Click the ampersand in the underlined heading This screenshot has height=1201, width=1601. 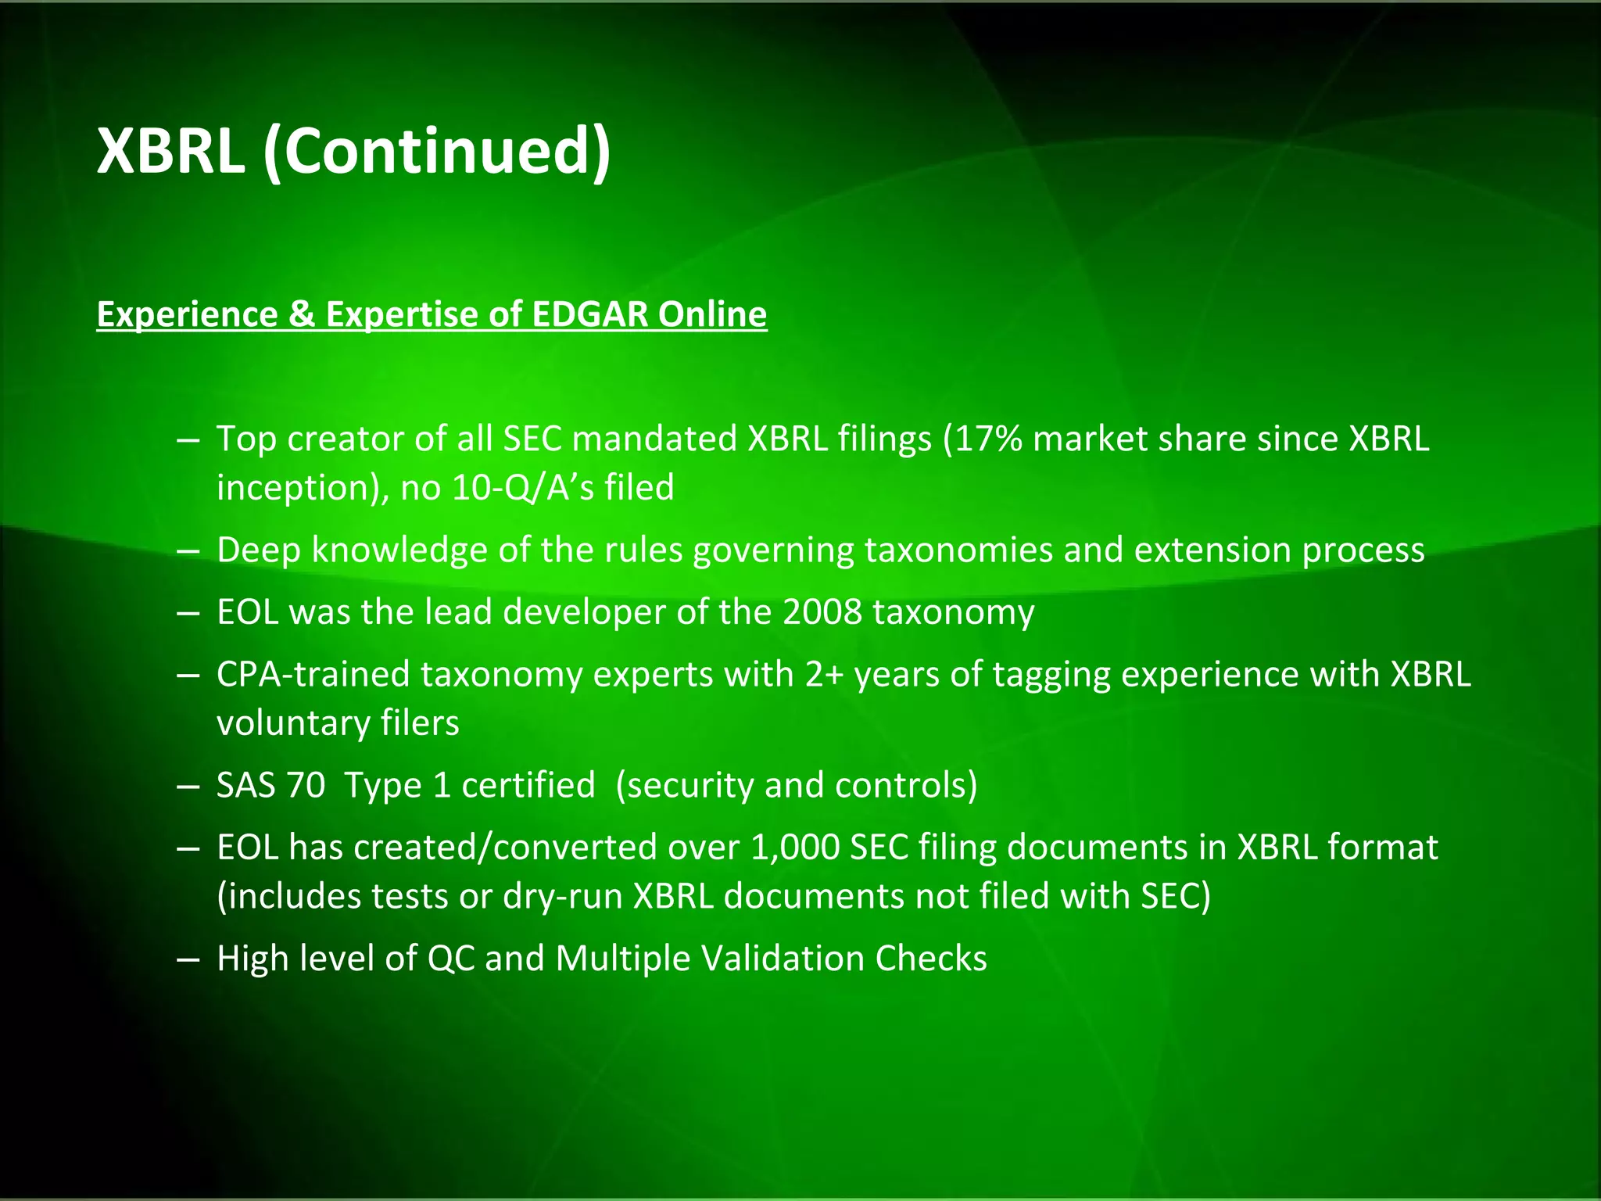pyautogui.click(x=301, y=314)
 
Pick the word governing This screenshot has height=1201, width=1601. pyautogui.click(x=773, y=550)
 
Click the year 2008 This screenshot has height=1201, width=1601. pyautogui.click(x=822, y=612)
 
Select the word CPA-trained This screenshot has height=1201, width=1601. pyautogui.click(x=313, y=675)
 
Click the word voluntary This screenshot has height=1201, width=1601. pyautogui.click(x=293, y=723)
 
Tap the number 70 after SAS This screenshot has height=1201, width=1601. pyautogui.click(x=306, y=785)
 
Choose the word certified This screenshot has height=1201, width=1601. pyautogui.click(x=528, y=785)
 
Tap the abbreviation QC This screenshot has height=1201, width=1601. pyautogui.click(x=451, y=959)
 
